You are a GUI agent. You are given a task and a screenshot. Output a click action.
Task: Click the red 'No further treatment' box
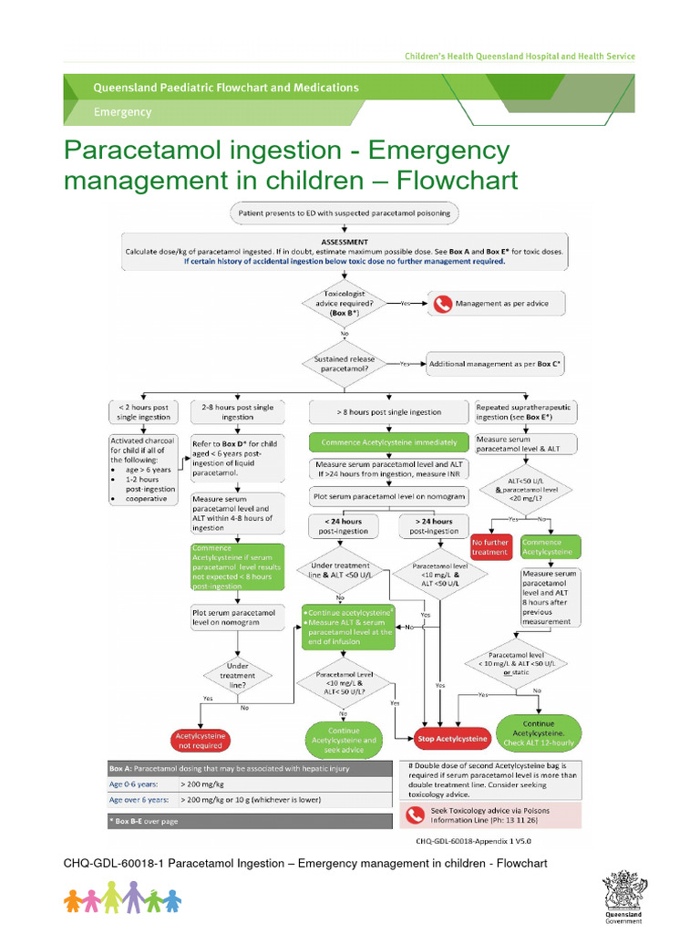tap(489, 546)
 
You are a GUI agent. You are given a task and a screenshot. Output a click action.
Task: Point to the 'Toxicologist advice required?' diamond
tap(344, 303)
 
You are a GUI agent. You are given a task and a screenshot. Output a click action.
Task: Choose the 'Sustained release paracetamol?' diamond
tap(344, 363)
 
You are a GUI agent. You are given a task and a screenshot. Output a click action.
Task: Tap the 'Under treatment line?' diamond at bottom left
tap(237, 675)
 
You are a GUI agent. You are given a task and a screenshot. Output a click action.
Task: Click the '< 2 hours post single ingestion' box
tap(144, 412)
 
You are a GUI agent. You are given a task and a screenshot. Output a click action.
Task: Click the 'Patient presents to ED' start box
tap(344, 213)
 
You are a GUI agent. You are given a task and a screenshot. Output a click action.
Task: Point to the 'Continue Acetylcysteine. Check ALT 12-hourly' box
tap(545, 732)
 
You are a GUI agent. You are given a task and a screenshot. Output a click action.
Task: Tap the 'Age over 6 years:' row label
tap(139, 799)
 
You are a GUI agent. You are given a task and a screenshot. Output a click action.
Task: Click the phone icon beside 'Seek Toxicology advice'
tap(416, 814)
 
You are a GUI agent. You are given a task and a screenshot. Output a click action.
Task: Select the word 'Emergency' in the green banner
tap(123, 112)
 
